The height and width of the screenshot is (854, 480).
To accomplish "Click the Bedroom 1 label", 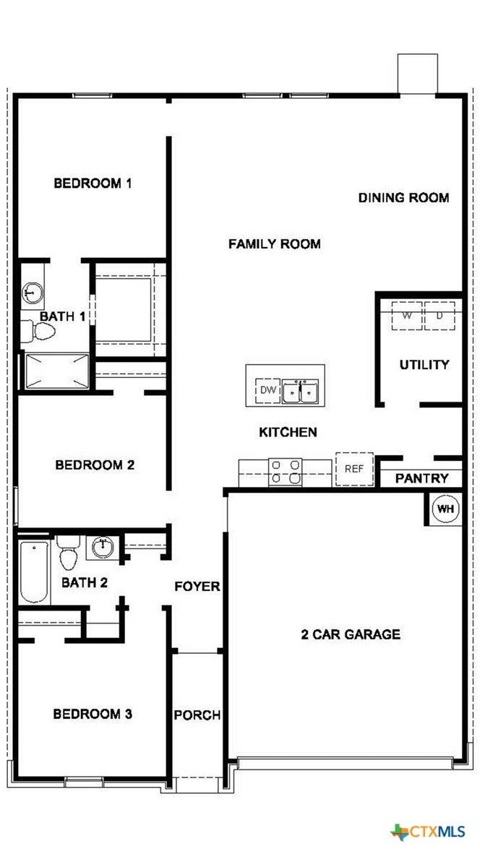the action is (92, 183).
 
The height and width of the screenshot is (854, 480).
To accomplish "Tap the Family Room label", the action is (274, 243).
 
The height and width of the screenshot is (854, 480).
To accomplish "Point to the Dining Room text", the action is (403, 197).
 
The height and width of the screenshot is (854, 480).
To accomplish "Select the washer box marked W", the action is (407, 315).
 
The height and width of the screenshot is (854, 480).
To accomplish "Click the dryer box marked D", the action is (439, 315).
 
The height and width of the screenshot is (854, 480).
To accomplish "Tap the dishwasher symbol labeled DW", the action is (267, 390).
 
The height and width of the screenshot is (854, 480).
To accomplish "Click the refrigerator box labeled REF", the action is (354, 468).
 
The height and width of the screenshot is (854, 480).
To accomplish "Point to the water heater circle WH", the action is (446, 509).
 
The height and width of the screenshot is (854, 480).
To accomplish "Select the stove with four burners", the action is (286, 471).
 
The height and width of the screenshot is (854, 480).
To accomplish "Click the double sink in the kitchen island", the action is (300, 392).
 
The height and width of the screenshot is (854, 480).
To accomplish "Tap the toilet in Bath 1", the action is (38, 330).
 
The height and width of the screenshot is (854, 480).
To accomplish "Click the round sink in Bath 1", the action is (33, 293).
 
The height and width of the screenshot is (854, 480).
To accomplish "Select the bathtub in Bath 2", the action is (34, 571).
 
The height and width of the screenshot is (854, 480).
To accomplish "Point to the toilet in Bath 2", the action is (68, 551).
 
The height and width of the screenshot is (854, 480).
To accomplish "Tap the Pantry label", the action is (421, 478).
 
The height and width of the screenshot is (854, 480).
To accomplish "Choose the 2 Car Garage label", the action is (351, 634).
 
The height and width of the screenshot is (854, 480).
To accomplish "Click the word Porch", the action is (197, 715).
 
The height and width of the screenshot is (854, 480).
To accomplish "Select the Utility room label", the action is (424, 364).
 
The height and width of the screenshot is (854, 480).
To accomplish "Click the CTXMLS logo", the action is (428, 832).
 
